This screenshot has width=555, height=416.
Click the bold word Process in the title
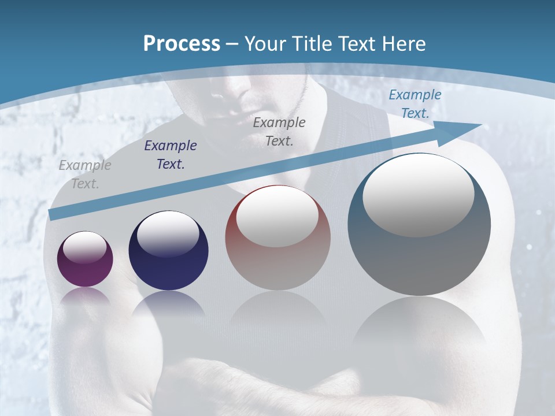click(x=182, y=44)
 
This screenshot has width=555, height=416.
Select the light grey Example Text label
click(x=85, y=174)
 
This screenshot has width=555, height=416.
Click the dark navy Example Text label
click(x=171, y=155)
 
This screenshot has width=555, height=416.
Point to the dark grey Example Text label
click(x=279, y=131)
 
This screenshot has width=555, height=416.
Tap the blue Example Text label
click(x=415, y=104)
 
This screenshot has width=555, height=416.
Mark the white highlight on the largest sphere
click(x=419, y=195)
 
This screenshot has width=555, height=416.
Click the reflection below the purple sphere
click(x=85, y=298)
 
